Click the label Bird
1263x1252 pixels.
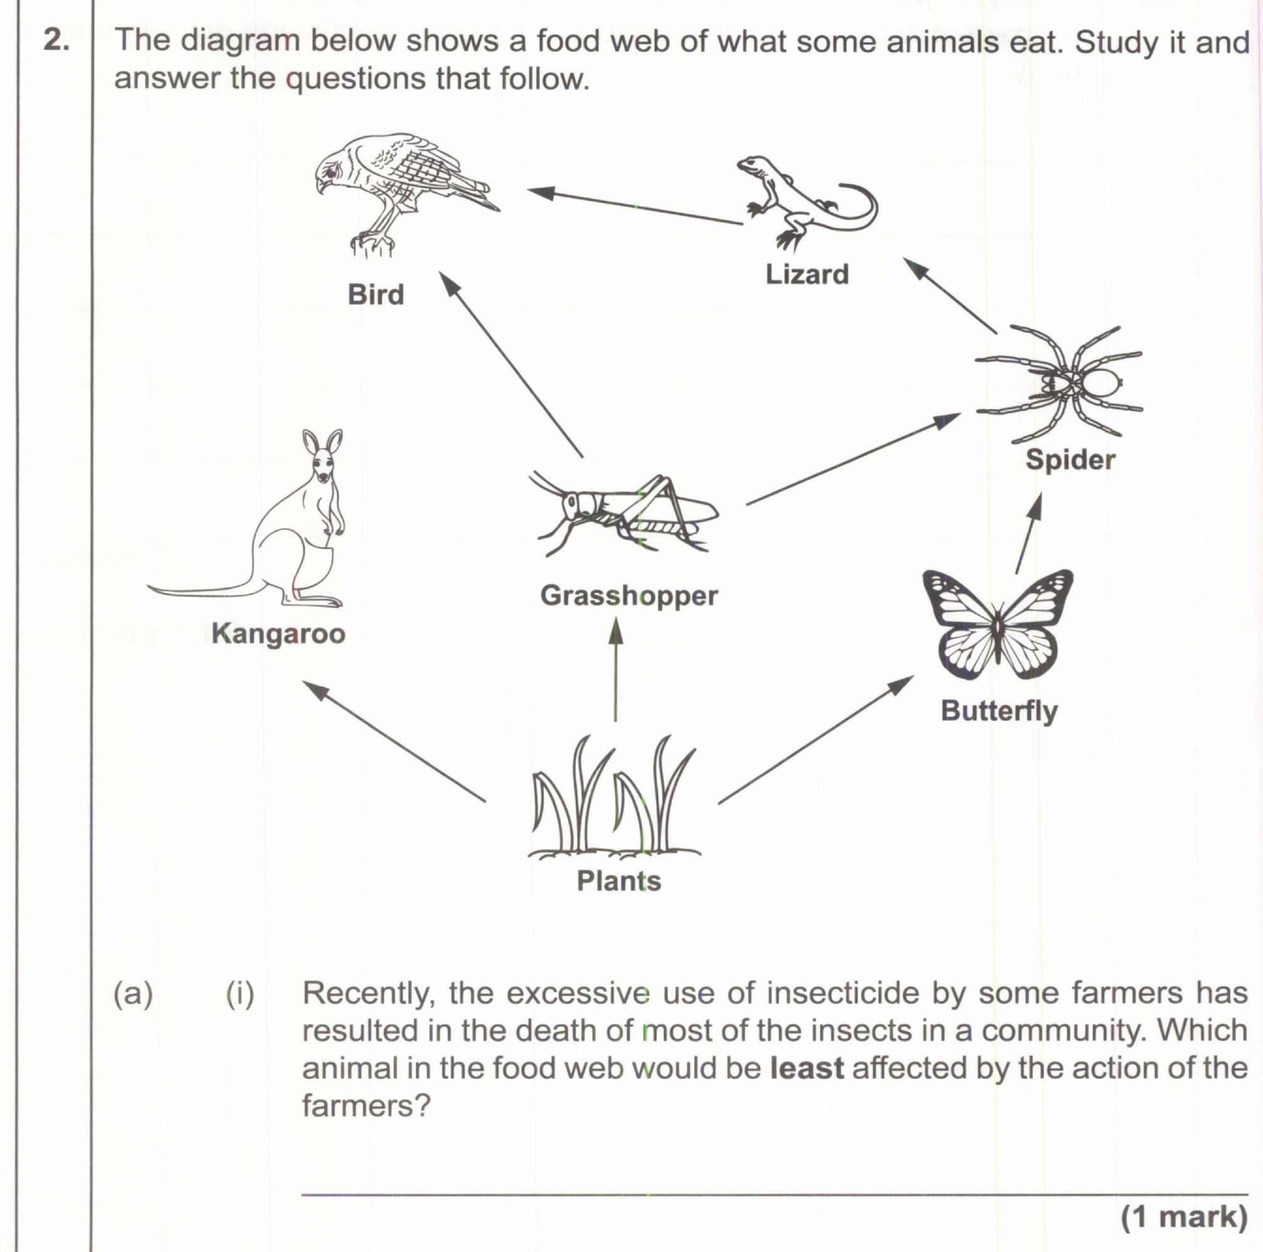coord(376,294)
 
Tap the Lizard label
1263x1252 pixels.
coord(807,274)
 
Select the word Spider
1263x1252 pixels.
coord(1070,460)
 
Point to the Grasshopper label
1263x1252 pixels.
coord(629,596)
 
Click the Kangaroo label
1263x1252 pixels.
coord(279,634)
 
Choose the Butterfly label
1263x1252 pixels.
coord(999,711)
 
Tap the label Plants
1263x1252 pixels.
coord(619,881)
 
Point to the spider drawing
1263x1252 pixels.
coord(1066,383)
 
